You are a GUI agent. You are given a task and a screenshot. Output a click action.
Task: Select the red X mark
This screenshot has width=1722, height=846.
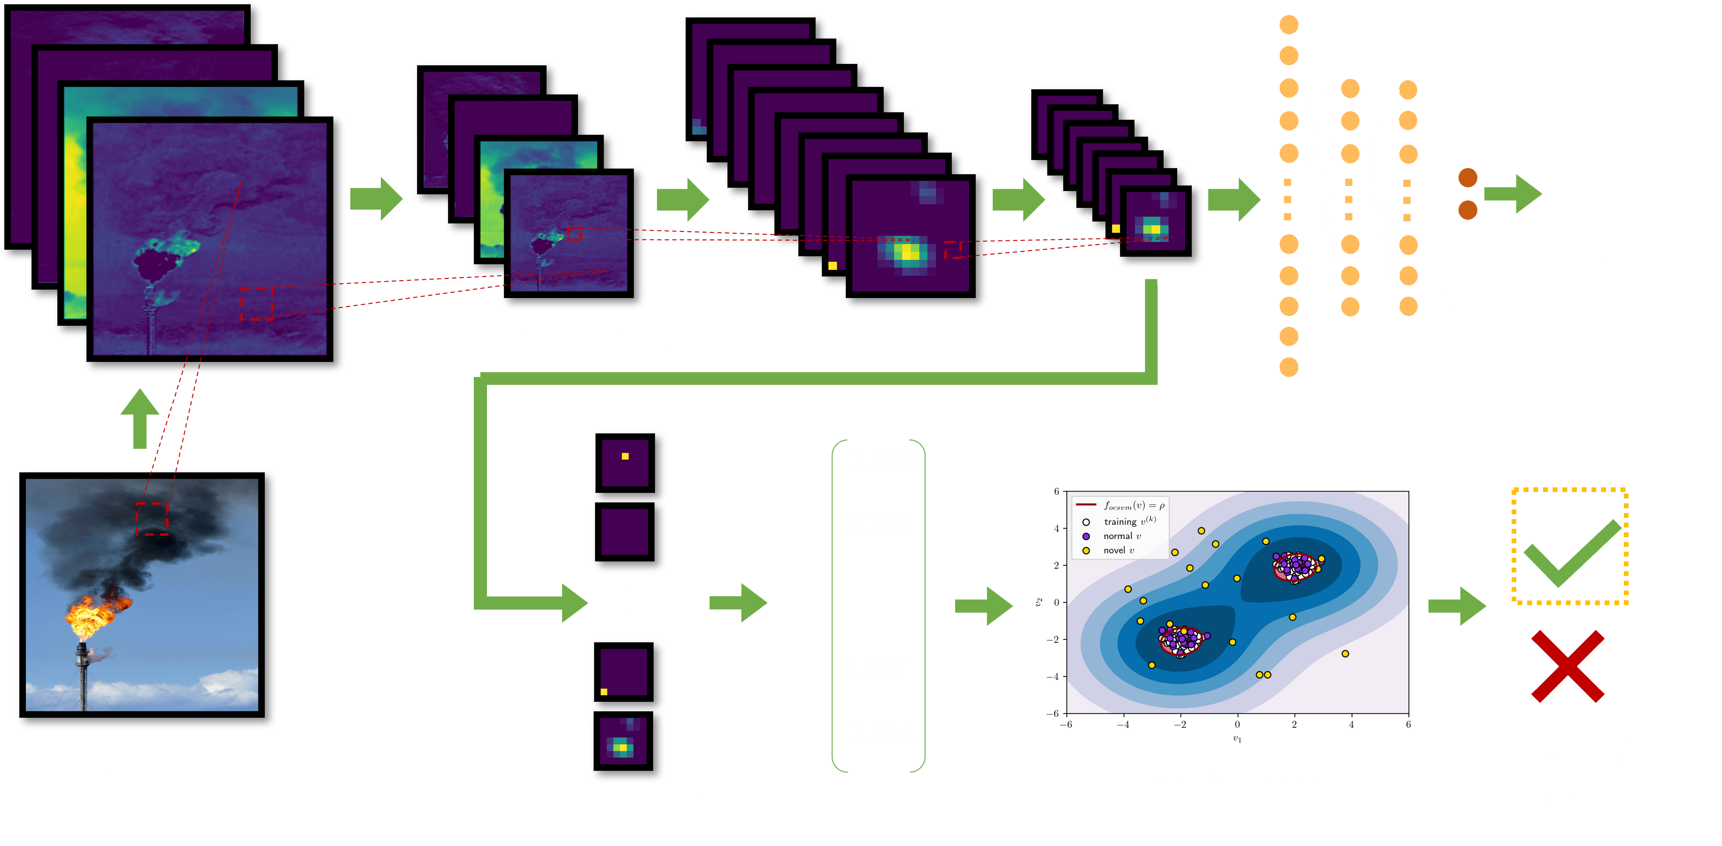pyautogui.click(x=1567, y=666)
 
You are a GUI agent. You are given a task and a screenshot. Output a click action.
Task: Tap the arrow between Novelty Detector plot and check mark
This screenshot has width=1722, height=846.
pyautogui.click(x=1457, y=606)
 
